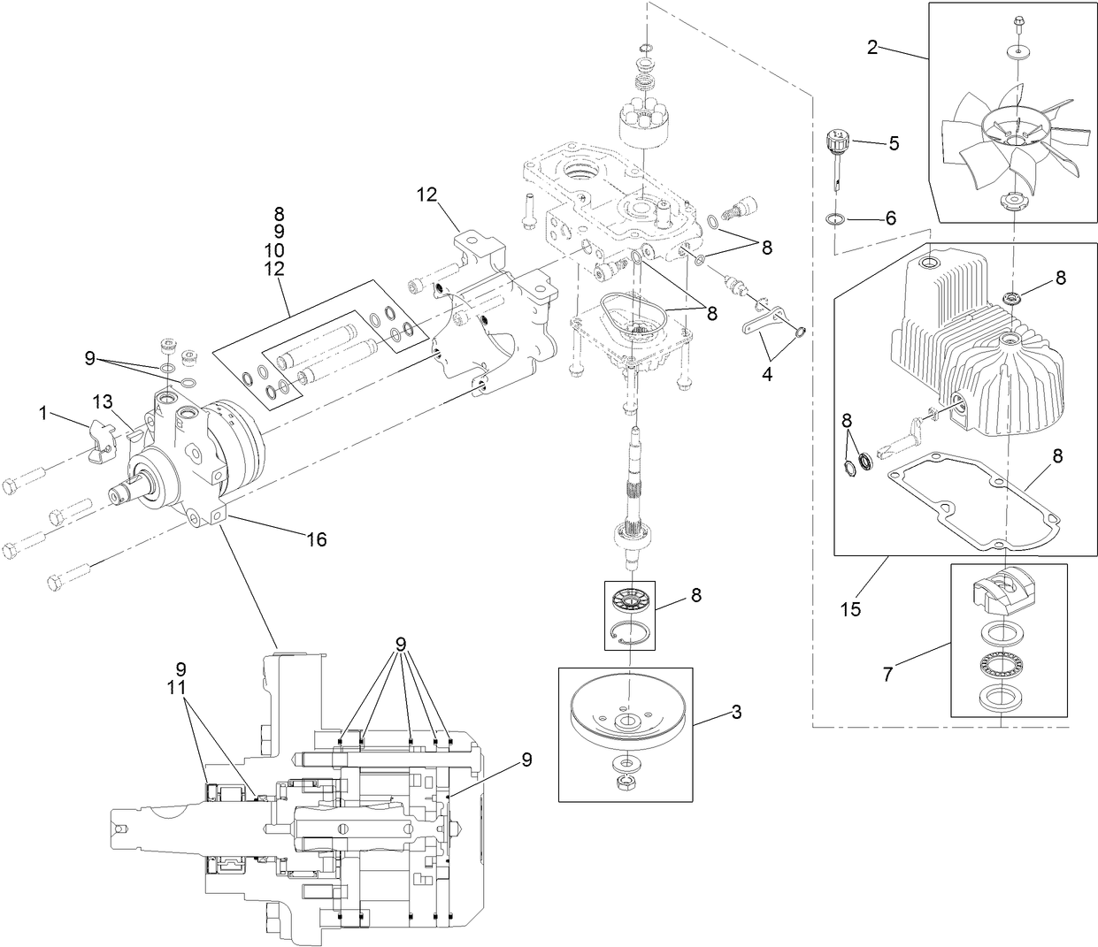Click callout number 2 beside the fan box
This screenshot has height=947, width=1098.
(871, 47)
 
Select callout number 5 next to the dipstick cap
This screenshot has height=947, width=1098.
(894, 143)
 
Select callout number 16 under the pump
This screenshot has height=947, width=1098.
(315, 538)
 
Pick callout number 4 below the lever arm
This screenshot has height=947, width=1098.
(766, 374)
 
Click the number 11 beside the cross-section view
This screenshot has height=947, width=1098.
(180, 686)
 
